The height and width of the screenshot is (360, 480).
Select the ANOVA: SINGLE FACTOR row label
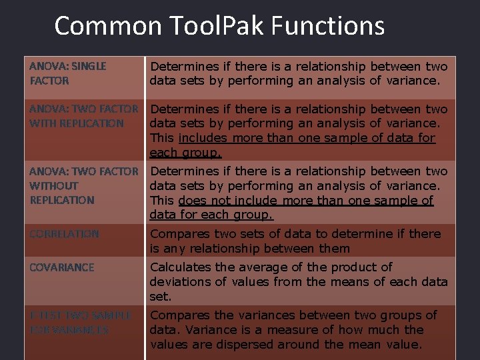click(x=67, y=73)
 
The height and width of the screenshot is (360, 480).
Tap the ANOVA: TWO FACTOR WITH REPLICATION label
click(x=83, y=116)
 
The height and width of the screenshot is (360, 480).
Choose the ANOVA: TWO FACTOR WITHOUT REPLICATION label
click(x=83, y=185)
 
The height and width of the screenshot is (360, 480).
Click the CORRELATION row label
click(x=64, y=234)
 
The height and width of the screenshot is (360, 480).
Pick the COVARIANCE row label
click(x=62, y=267)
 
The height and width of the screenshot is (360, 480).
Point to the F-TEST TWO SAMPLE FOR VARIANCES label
click(x=80, y=322)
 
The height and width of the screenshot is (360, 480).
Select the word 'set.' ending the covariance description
click(x=160, y=296)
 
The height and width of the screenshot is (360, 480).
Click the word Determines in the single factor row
click(x=180, y=67)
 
